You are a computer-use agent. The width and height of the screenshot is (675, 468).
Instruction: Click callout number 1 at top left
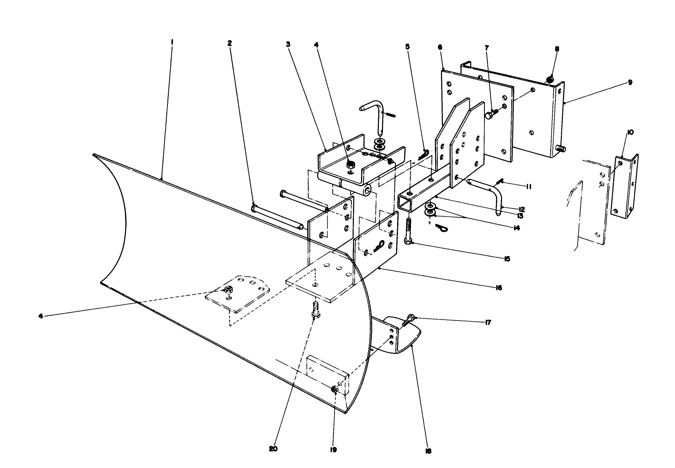pos(172,42)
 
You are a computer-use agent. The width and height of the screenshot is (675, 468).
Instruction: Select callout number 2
pos(229,43)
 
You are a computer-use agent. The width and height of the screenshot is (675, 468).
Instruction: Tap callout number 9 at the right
pos(630,83)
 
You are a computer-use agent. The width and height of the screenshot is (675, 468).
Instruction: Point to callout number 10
pos(631,132)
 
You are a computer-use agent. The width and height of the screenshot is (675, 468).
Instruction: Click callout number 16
pos(498,288)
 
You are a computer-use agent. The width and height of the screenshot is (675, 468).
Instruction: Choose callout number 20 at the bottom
pos(273,449)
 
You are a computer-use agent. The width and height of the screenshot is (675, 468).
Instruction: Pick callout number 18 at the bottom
pos(428,451)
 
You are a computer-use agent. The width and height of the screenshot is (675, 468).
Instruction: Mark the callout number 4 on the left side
pos(41,316)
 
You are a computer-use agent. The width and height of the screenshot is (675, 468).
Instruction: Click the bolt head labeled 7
pos(490,114)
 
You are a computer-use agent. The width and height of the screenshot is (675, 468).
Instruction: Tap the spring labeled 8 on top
pos(551,78)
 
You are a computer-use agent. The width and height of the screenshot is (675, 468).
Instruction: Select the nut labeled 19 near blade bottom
pos(335,390)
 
